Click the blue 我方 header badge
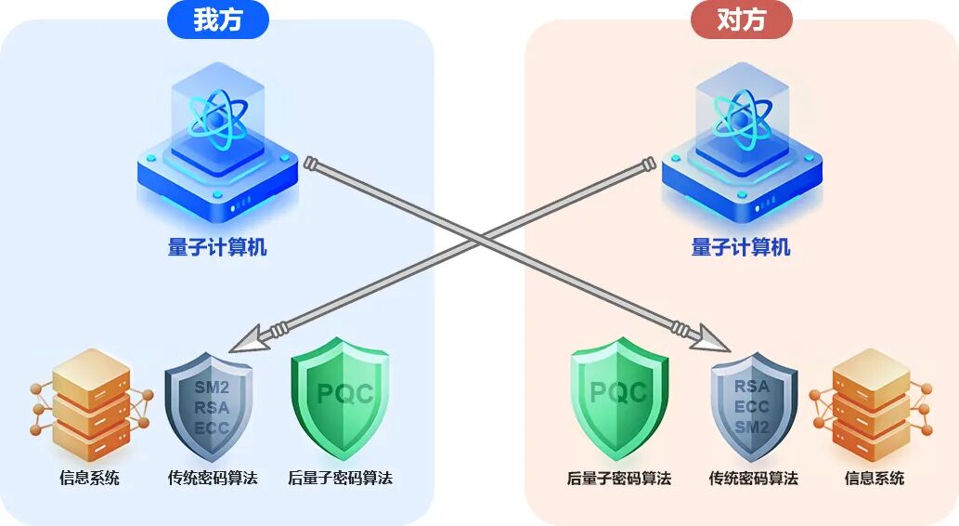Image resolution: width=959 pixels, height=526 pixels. (x=218, y=20)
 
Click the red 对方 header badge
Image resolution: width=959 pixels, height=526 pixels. (x=742, y=20)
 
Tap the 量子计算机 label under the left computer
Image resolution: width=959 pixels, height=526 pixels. (x=217, y=247)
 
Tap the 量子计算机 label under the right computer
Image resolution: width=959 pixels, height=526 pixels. (x=741, y=247)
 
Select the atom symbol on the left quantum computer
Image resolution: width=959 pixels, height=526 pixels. (x=218, y=118)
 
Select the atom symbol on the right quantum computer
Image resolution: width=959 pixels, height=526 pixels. (x=742, y=118)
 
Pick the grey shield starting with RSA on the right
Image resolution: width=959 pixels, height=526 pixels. (x=753, y=406)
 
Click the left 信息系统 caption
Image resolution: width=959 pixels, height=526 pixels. (x=90, y=479)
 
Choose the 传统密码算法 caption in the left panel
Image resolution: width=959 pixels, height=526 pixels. (x=213, y=479)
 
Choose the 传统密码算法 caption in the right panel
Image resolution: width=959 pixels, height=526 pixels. (x=753, y=479)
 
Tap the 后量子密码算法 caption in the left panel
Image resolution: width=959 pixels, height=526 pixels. (x=340, y=479)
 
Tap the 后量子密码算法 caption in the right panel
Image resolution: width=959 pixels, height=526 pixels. (x=618, y=479)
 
